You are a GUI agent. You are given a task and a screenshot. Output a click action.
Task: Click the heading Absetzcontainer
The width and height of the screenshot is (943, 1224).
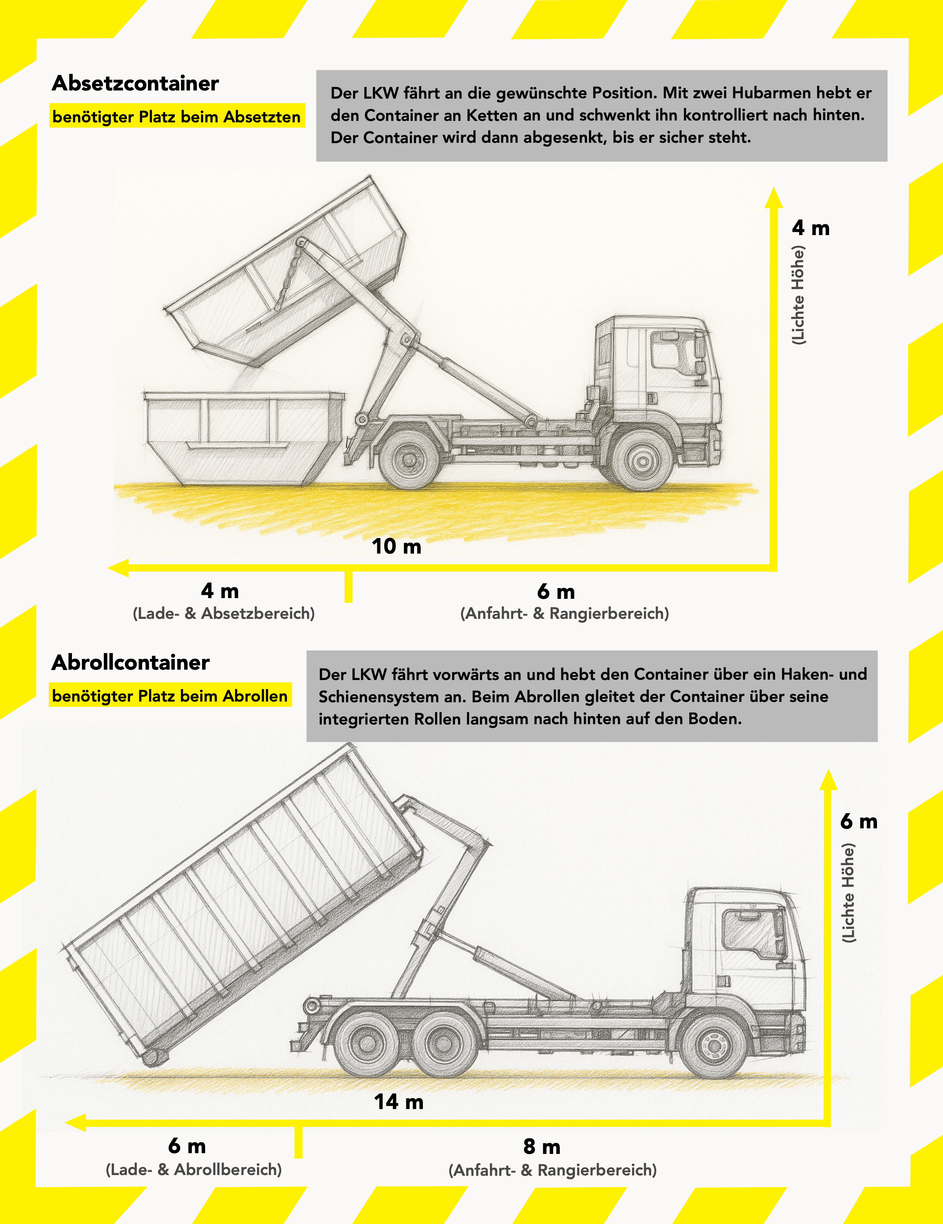click(x=135, y=83)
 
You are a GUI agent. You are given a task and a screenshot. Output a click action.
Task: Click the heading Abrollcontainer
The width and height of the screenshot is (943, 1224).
click(x=131, y=663)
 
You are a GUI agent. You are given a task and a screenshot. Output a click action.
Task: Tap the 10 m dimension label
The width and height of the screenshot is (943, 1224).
click(x=396, y=547)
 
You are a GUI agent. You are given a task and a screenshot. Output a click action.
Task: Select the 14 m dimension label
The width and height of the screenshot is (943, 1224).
click(x=399, y=1102)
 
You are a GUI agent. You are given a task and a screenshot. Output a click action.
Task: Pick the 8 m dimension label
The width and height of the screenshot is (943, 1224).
click(x=542, y=1147)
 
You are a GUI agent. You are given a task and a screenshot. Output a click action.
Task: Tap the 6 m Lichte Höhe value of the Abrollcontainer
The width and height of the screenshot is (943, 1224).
click(x=858, y=822)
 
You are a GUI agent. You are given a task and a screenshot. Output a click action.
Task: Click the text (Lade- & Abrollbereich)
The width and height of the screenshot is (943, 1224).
click(x=193, y=1169)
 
